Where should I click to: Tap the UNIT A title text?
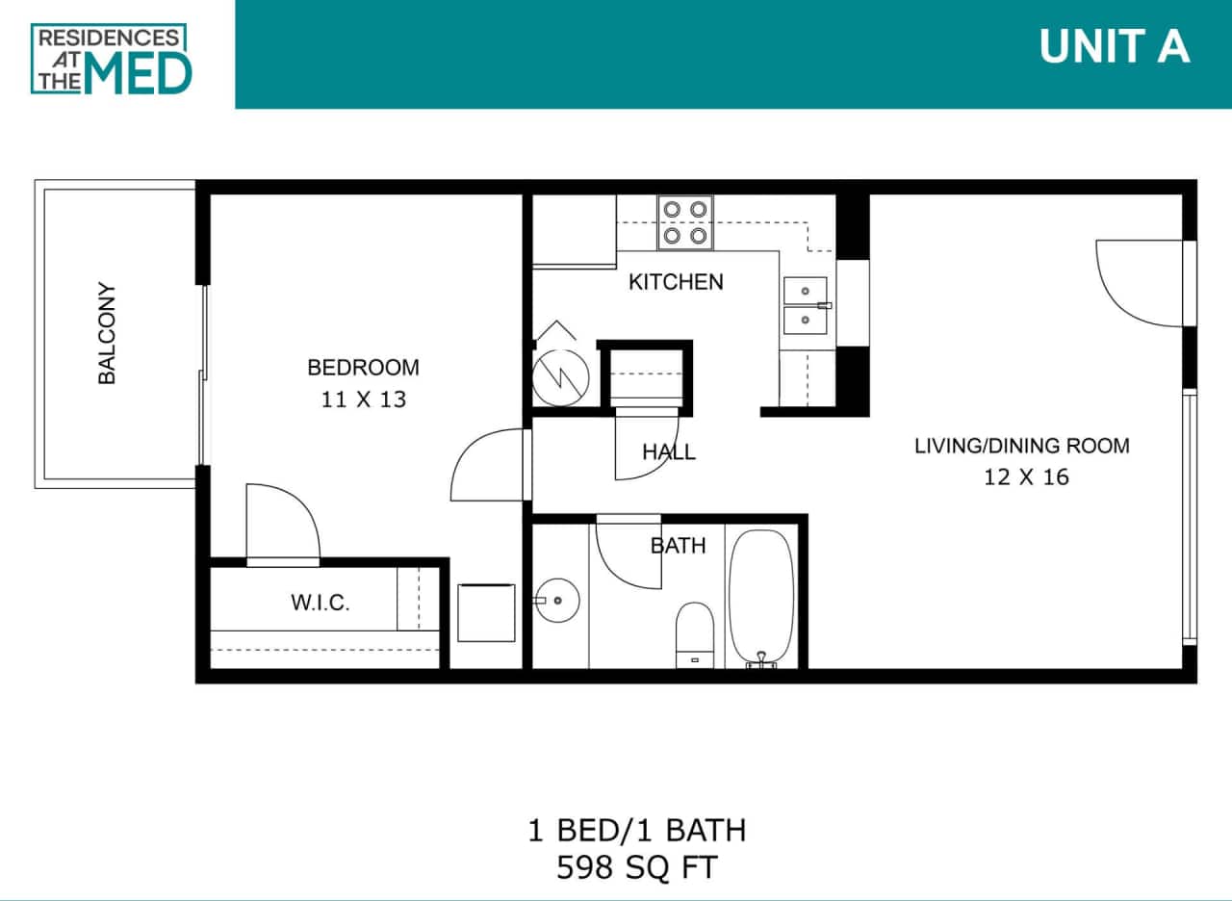[1115, 47]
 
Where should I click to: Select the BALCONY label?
[107, 333]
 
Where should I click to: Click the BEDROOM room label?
[363, 367]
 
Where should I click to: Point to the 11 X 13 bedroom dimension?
[363, 399]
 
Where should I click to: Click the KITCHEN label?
[676, 282]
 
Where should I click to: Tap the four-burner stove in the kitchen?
[684, 221]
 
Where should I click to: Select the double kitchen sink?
[805, 305]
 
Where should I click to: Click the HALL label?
[669, 451]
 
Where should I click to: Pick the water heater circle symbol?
[556, 375]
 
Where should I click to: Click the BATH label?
[678, 546]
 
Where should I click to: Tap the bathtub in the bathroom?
[761, 596]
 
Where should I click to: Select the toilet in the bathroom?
[694, 633]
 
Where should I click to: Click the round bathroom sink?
[557, 601]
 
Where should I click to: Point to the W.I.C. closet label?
[320, 604]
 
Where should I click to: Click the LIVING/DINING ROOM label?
[1021, 446]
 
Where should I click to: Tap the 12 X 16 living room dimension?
[1026, 476]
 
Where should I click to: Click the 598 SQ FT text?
[636, 868]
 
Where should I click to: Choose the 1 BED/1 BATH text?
[636, 829]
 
